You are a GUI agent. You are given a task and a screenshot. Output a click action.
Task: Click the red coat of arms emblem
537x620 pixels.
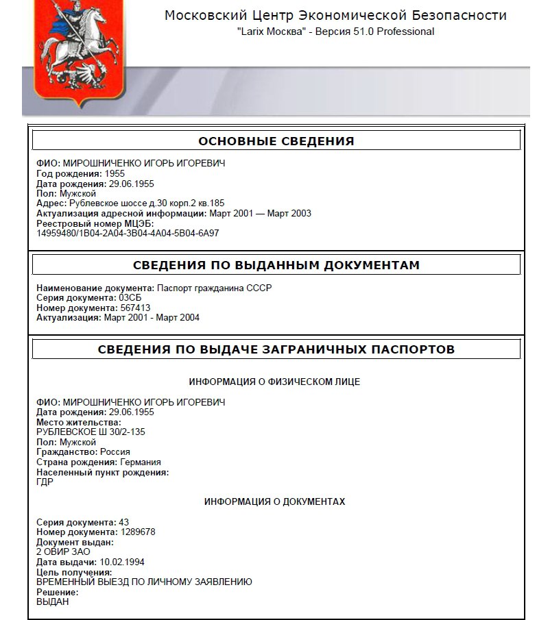point(79,51)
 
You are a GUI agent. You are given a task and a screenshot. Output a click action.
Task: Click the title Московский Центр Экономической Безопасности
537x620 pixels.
point(335,16)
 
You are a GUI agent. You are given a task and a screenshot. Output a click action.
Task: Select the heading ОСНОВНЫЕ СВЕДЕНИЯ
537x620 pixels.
point(276,141)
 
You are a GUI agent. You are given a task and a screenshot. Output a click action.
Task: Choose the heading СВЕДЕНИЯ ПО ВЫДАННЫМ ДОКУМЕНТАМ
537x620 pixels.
point(276,265)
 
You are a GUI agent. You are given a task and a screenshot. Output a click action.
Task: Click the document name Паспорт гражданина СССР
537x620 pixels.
point(214,288)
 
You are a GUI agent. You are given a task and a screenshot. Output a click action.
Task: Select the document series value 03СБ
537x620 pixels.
point(130,298)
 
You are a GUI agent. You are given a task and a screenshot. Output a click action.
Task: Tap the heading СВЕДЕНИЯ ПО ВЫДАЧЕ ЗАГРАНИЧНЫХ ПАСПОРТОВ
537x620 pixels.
point(276,349)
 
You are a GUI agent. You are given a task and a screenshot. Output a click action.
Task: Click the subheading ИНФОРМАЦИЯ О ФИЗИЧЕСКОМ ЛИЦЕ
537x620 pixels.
point(274,382)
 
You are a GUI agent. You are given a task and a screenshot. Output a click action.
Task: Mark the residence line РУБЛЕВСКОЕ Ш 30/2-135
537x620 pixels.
point(91,432)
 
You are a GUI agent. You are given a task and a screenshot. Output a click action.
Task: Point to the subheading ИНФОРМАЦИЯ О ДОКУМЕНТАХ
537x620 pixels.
point(274,502)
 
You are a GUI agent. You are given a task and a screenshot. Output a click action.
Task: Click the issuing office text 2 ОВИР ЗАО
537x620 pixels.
point(63,551)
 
